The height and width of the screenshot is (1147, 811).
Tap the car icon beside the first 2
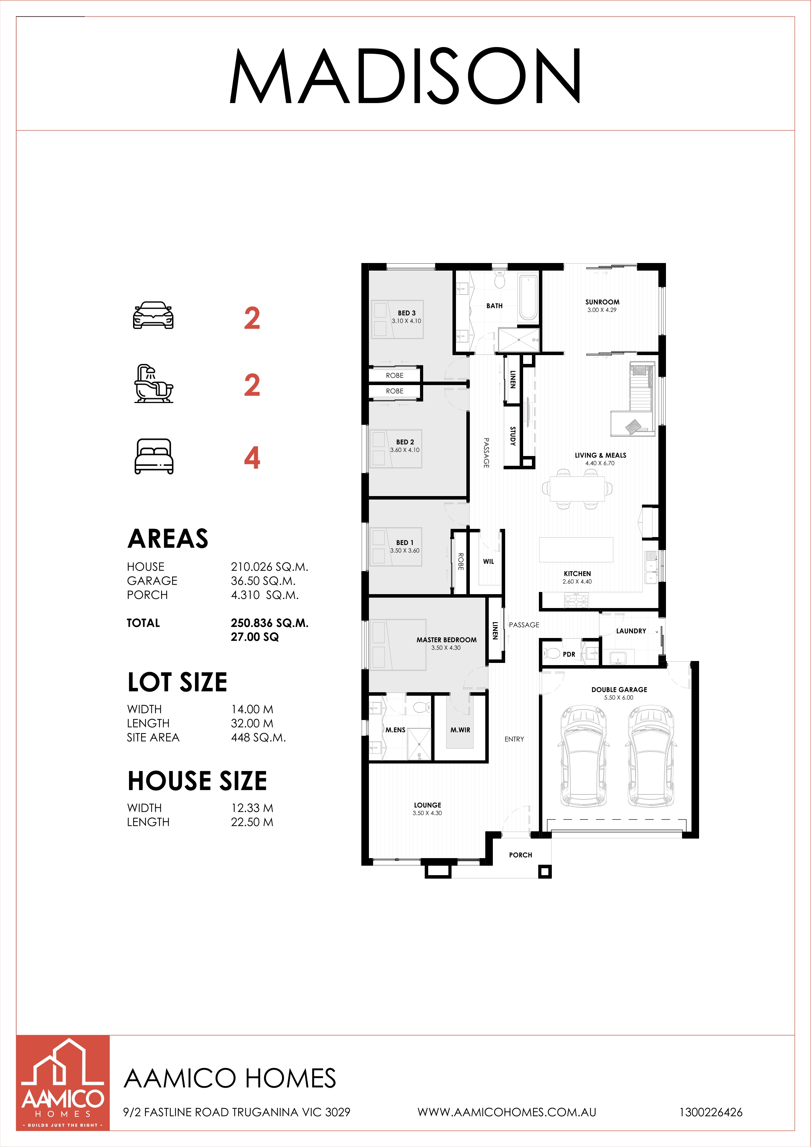(153, 315)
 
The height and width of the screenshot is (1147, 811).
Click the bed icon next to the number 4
(154, 456)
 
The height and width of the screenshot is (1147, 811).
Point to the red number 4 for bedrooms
(252, 458)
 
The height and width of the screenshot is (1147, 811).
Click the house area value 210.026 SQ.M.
(270, 566)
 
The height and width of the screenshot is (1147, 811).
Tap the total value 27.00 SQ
(255, 637)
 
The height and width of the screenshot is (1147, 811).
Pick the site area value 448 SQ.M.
(258, 737)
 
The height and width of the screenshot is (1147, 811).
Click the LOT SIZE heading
(177, 682)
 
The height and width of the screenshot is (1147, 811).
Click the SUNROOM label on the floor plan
(602, 302)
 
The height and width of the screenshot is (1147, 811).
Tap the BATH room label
(494, 306)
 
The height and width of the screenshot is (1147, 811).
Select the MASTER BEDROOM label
(446, 640)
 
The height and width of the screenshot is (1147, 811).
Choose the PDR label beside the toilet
(569, 654)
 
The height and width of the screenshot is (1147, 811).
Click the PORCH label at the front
(520, 855)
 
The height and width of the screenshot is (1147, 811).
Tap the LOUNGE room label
(428, 805)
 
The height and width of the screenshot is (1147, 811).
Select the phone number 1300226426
(711, 1112)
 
